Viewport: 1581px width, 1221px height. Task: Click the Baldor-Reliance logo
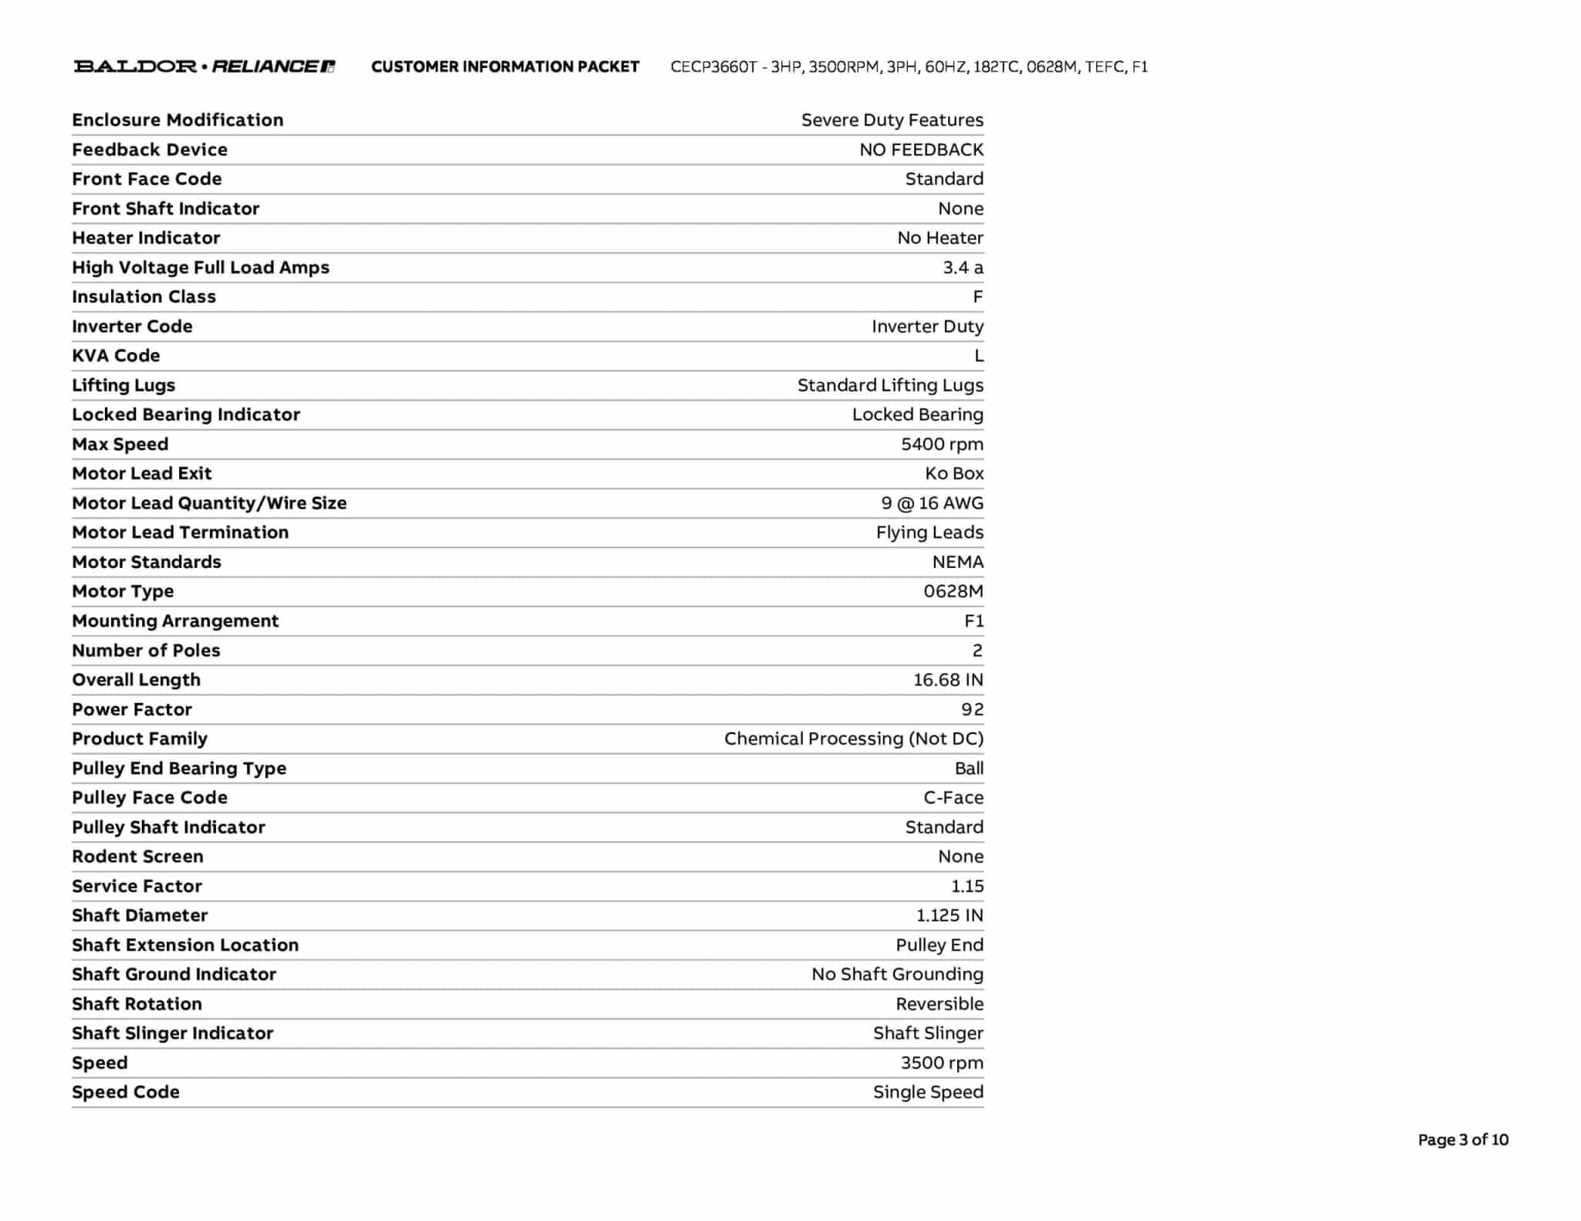(x=205, y=66)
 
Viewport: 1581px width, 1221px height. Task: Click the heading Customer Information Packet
(x=505, y=66)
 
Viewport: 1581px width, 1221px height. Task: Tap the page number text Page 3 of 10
(x=1462, y=1140)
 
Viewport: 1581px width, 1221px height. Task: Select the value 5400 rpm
(x=942, y=444)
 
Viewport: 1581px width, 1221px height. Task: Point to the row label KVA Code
(x=116, y=356)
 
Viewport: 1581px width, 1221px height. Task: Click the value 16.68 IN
(x=948, y=680)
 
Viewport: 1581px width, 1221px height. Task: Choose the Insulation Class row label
(x=144, y=296)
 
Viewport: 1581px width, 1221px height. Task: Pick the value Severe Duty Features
(x=892, y=120)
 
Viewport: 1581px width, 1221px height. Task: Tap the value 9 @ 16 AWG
(x=932, y=503)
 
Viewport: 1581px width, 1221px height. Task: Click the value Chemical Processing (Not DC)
(x=853, y=739)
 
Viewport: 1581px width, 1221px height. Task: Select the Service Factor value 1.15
(x=967, y=886)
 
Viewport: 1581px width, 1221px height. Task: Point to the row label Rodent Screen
(x=137, y=857)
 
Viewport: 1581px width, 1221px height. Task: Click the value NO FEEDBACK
(x=921, y=150)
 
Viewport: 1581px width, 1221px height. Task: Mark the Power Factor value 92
(x=972, y=709)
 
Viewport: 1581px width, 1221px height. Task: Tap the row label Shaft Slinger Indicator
(x=172, y=1033)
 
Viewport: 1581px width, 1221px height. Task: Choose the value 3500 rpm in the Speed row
(x=942, y=1063)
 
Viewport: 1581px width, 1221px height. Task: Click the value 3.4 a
(x=963, y=267)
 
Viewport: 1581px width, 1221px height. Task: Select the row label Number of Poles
(x=146, y=651)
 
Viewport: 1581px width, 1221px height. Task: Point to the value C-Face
(x=953, y=797)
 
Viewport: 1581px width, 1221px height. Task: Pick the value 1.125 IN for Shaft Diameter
(x=950, y=915)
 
